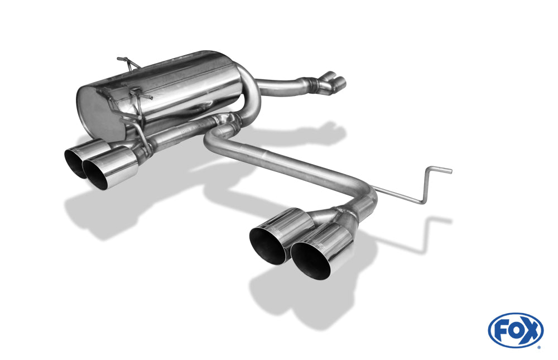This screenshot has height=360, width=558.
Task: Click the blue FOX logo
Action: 516,330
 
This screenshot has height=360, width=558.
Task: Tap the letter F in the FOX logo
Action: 500,330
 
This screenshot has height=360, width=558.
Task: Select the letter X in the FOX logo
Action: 531,330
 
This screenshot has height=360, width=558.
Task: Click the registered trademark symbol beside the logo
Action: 538,347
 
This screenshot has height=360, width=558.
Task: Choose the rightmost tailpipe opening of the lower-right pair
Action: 311,261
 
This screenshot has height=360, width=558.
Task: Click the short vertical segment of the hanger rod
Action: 426,184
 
